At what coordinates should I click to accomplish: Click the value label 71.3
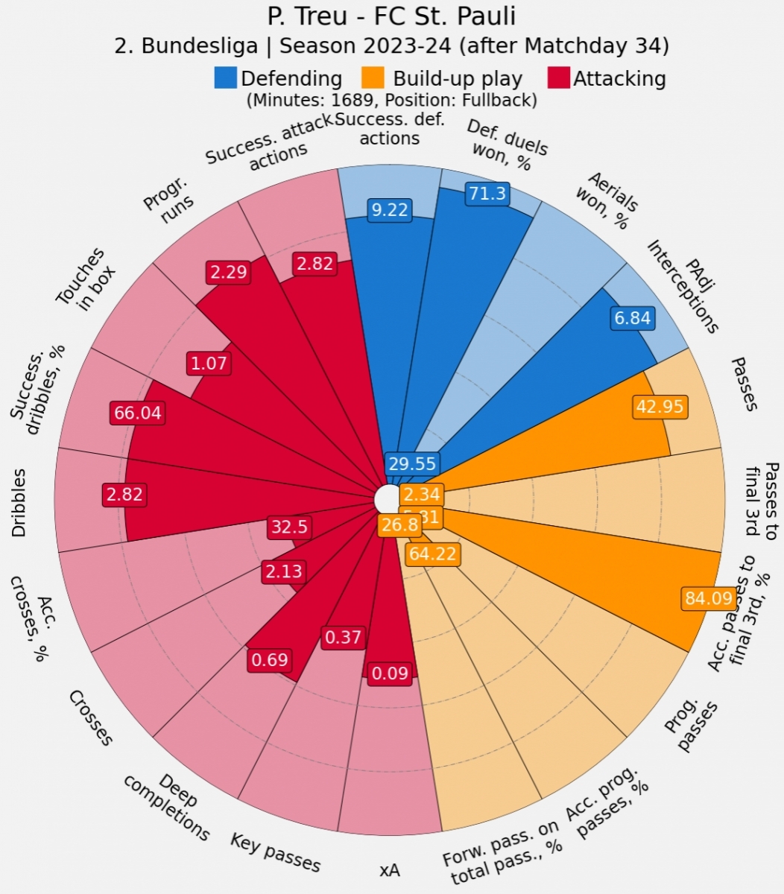pos(487,194)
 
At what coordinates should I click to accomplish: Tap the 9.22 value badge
pos(390,210)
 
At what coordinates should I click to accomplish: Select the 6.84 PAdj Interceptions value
pos(633,319)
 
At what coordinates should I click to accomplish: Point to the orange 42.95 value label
pos(660,407)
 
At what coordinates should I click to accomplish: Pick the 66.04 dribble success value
pos(136,413)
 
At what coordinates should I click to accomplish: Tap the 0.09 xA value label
pos(390,674)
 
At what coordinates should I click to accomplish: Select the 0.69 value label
pos(269,659)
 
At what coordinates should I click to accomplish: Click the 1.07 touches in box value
pos(208,364)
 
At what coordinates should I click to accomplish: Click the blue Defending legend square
pos(226,78)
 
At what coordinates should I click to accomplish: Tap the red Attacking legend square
pos(558,78)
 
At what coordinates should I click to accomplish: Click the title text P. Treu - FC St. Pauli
pos(391,16)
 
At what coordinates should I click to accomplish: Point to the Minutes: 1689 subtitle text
pos(391,100)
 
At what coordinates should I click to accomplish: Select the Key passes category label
pos(275,852)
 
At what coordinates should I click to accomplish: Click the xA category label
pos(389,870)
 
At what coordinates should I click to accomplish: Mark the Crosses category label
pos(91,717)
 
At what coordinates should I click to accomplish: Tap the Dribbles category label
pos(20,503)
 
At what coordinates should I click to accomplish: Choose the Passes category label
pos(745,384)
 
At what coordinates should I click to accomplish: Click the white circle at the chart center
pos(387,498)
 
